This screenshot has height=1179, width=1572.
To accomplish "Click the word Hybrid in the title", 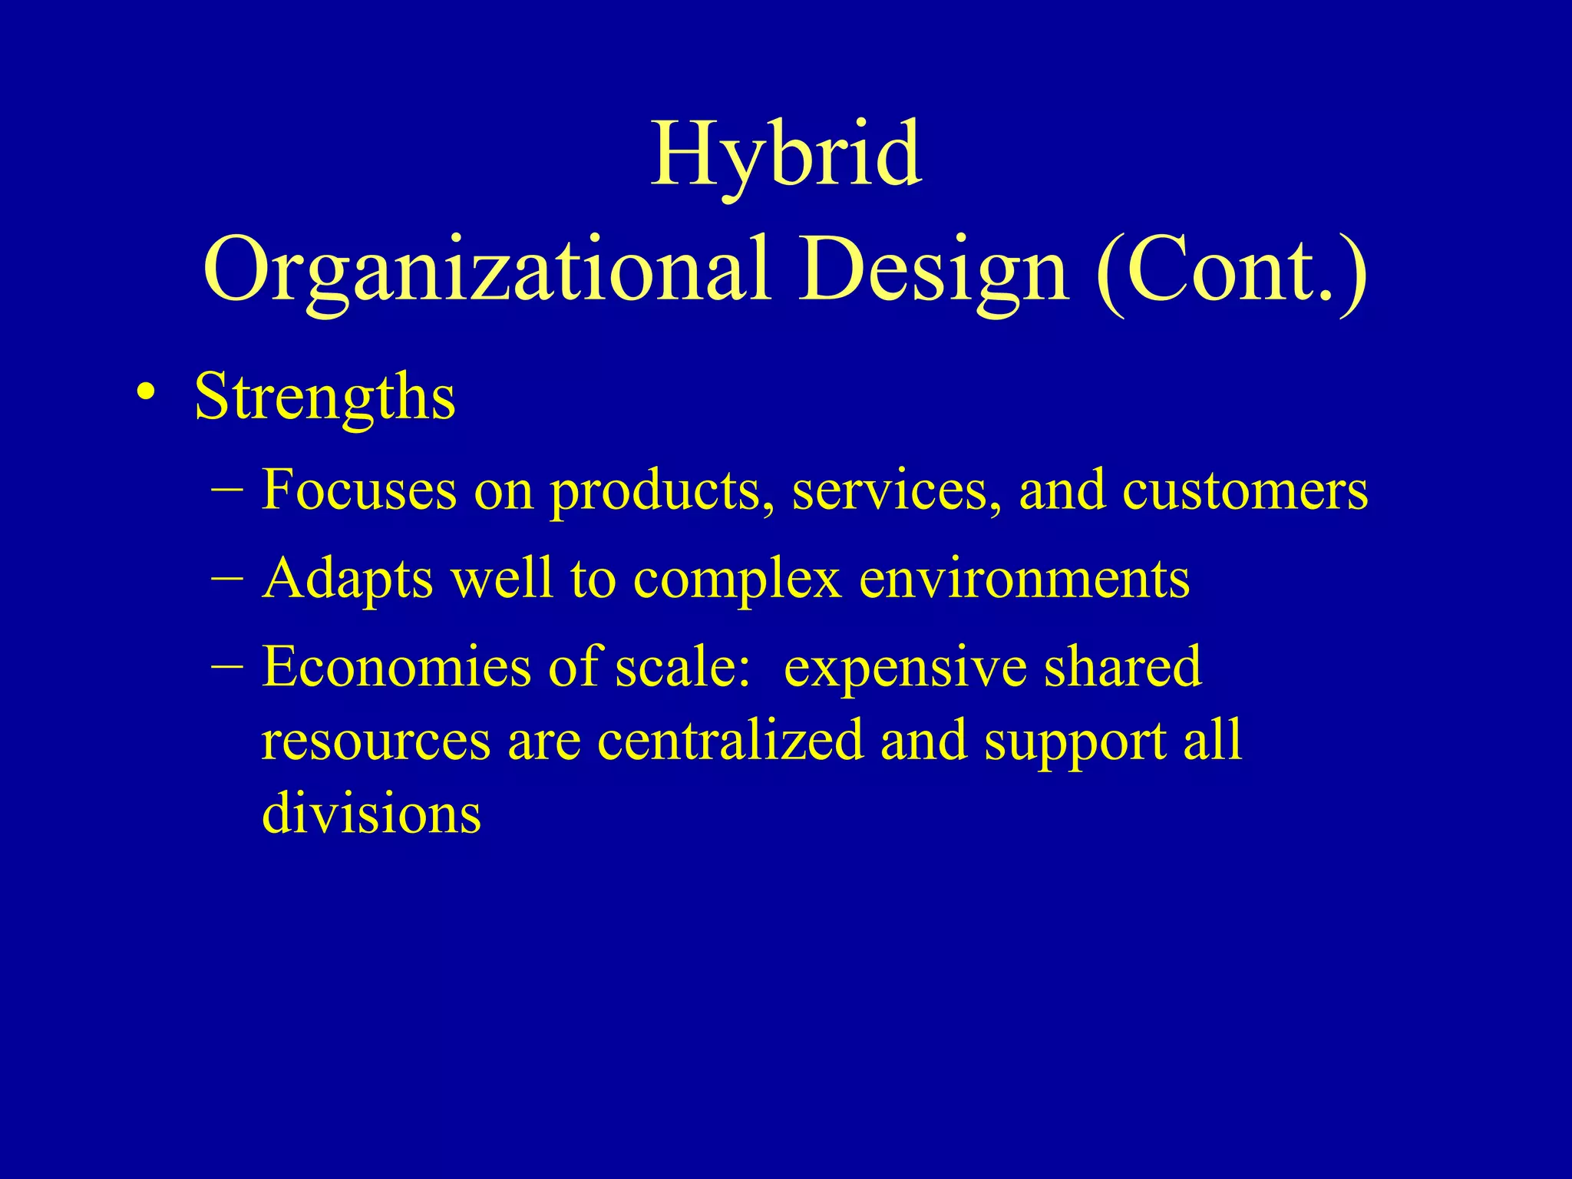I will coord(786,155).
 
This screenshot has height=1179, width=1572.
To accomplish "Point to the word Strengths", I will coord(325,398).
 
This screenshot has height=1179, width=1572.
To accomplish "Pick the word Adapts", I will coord(348,579).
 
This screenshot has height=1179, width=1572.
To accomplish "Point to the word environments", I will coord(1025,579).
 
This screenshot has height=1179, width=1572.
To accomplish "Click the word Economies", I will coord(396,666).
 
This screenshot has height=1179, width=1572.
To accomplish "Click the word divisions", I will coord(372,814).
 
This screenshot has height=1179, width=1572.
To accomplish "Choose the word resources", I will coord(375,741).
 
